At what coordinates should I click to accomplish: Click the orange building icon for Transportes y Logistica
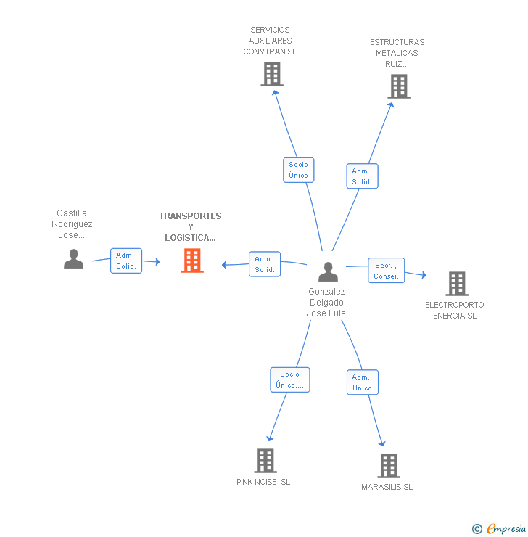pos(192,260)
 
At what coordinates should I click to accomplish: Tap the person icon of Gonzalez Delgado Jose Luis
pos(328,271)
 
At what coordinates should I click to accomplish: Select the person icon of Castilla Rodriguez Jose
pos(73,258)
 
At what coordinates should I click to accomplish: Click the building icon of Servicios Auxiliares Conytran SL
pos(272,74)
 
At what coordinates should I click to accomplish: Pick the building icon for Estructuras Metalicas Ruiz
pos(398,86)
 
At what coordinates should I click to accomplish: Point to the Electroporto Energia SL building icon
pos(457,284)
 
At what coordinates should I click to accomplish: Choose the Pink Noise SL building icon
pos(265,460)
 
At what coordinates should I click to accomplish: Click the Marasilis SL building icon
pos(389,466)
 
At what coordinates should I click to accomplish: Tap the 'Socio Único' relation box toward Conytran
pos(298,170)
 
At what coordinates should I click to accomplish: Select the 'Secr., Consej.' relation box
pos(386,271)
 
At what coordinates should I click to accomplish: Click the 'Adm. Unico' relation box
pos(362,382)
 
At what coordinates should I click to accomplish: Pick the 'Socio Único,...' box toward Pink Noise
pos(289,380)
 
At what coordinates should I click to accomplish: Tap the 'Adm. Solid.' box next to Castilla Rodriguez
pos(126,261)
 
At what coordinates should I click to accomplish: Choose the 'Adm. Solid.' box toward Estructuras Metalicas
pos(362,176)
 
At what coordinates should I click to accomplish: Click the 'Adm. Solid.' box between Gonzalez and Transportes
pos(265,264)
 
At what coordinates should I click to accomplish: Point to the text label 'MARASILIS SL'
pos(387,487)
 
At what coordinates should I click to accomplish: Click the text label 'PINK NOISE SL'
pos(263,482)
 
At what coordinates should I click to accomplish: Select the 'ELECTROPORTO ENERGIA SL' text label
pos(455,310)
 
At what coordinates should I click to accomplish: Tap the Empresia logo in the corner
pos(500,529)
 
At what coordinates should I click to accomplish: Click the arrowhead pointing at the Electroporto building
pos(424,276)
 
